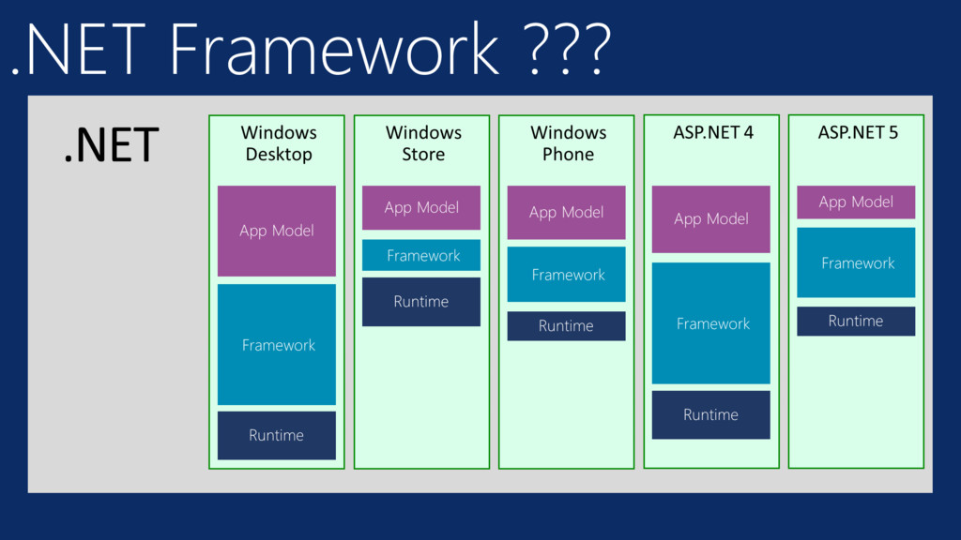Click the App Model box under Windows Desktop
pyautogui.click(x=277, y=231)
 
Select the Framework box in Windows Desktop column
pyautogui.click(x=277, y=344)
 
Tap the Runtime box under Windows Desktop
pyautogui.click(x=277, y=435)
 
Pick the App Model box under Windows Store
pyautogui.click(x=421, y=207)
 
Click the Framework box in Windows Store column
pyautogui.click(x=421, y=255)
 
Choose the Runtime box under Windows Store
pyautogui.click(x=421, y=302)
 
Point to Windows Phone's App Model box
pyautogui.click(x=566, y=213)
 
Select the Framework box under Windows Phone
pyautogui.click(x=566, y=275)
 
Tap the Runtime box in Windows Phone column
pyautogui.click(x=566, y=325)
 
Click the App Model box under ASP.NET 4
pyautogui.click(x=711, y=219)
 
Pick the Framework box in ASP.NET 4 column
pyautogui.click(x=711, y=323)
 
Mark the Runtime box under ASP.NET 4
pyautogui.click(x=711, y=414)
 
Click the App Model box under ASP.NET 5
pyautogui.click(x=856, y=202)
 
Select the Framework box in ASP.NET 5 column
pyautogui.click(x=856, y=262)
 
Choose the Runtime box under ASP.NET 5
pyautogui.click(x=856, y=321)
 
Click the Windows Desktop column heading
pyautogui.click(x=279, y=143)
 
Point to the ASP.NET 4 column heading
pyautogui.click(x=713, y=132)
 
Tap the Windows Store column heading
pyautogui.click(x=423, y=143)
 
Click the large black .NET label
pyautogui.click(x=112, y=145)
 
